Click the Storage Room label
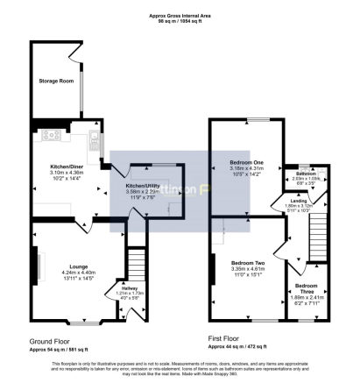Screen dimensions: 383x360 click(56, 80)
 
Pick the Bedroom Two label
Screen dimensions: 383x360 click(248, 262)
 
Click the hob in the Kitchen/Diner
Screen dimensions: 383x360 click(49, 136)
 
